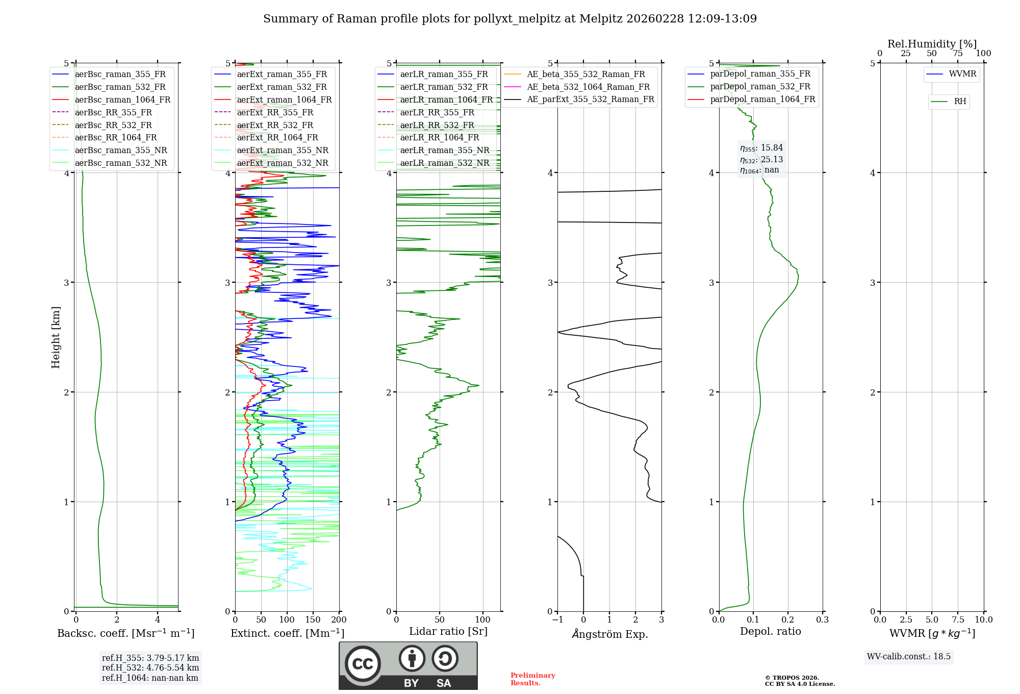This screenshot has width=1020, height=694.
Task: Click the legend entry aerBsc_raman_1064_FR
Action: (x=122, y=100)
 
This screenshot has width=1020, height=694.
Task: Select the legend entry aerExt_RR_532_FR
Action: (x=275, y=125)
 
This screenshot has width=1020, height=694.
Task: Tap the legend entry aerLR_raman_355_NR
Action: (x=444, y=151)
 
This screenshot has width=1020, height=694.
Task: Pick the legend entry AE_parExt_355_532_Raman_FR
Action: (x=590, y=100)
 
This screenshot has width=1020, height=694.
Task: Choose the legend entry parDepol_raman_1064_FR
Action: (x=762, y=100)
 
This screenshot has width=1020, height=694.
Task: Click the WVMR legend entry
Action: (x=962, y=74)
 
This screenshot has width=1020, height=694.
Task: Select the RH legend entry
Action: (x=960, y=102)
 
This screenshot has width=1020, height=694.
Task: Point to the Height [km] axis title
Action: (x=56, y=337)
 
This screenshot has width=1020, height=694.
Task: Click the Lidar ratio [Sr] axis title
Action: (x=448, y=632)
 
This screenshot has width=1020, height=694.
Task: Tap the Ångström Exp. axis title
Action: (x=609, y=634)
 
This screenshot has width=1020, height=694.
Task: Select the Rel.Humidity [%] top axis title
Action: (x=932, y=44)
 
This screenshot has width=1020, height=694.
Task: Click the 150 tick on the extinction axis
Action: (x=313, y=620)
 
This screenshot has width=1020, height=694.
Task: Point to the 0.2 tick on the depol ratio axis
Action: (x=788, y=620)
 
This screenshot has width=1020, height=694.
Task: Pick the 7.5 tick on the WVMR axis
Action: (x=958, y=620)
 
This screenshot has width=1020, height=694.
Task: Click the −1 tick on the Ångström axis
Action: (x=557, y=620)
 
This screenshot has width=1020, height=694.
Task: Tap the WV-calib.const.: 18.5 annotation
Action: (x=909, y=657)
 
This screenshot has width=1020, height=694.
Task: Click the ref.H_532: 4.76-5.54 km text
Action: (x=150, y=668)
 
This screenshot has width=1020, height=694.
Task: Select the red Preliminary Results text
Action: (x=532, y=679)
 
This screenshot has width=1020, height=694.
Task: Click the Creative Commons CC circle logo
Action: (x=363, y=664)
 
